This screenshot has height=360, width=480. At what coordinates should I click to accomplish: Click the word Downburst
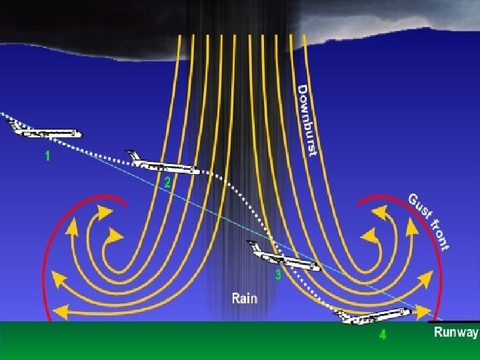pos(306,121)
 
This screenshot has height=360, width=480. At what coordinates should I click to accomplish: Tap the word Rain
pos(243,297)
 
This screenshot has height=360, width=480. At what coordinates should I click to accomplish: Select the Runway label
pos(456,333)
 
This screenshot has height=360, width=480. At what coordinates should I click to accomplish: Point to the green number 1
pos(47,157)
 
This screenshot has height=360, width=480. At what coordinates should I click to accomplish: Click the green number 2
pos(167,182)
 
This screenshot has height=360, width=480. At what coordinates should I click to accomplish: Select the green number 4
pos(382,335)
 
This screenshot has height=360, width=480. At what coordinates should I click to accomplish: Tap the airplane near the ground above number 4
pos(373,316)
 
